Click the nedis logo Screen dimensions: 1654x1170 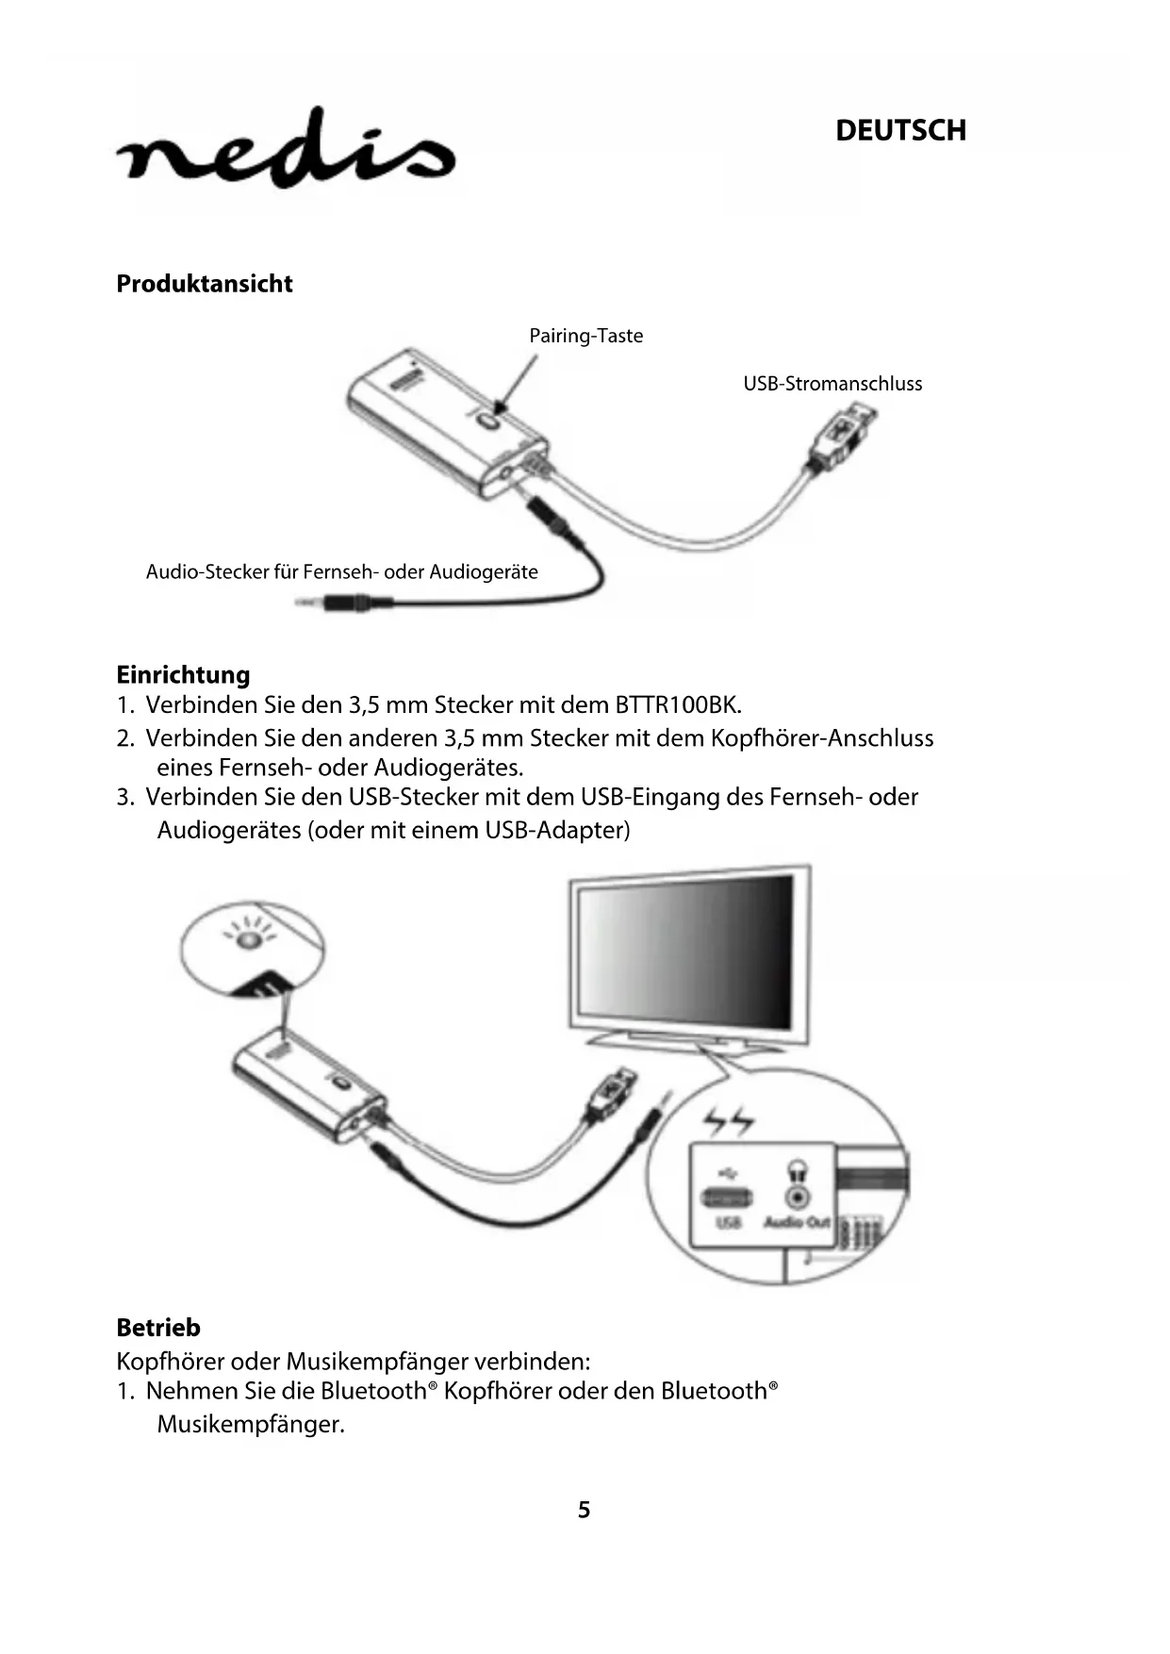286,151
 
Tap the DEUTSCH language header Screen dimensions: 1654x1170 900,130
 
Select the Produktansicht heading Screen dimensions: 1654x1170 204,284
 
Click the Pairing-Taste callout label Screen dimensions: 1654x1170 585,336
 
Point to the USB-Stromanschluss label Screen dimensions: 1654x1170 832,384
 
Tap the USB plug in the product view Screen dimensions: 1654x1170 842,435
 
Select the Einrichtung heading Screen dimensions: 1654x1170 183,675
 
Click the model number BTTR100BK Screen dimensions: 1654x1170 677,705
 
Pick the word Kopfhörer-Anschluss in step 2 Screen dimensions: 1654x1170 821,738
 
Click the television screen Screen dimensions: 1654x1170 685,954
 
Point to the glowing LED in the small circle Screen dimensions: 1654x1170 248,940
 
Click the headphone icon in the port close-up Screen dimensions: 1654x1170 798,1171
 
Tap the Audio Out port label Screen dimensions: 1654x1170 797,1222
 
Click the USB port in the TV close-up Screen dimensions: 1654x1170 727,1198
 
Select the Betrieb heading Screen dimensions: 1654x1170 158,1328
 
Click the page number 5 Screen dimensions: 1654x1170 585,1510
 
